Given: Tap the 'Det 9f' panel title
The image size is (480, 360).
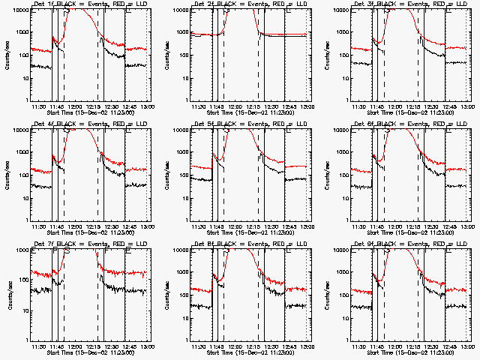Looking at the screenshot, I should tap(365, 243).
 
